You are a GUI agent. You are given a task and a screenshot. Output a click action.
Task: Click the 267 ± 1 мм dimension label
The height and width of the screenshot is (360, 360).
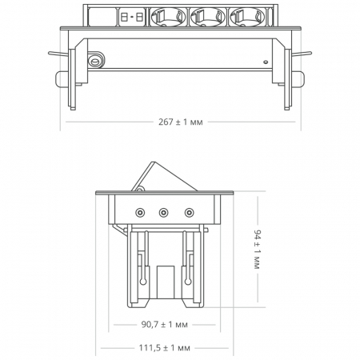(x=181, y=123)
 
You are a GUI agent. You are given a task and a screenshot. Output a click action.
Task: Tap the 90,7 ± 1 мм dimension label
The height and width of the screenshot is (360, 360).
(x=163, y=326)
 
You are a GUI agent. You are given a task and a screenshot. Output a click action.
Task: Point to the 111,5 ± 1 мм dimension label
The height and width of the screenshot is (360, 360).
(x=163, y=349)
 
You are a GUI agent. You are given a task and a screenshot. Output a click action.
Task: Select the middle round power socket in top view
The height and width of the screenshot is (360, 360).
(x=203, y=15)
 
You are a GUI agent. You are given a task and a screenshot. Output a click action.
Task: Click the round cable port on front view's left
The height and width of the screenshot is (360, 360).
(x=96, y=59)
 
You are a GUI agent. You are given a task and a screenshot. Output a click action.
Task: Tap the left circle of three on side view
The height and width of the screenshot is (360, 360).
(x=140, y=213)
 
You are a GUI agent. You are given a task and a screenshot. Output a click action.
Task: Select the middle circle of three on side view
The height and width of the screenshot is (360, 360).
(x=164, y=213)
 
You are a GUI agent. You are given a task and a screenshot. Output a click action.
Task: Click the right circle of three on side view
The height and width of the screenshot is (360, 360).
(x=189, y=213)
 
